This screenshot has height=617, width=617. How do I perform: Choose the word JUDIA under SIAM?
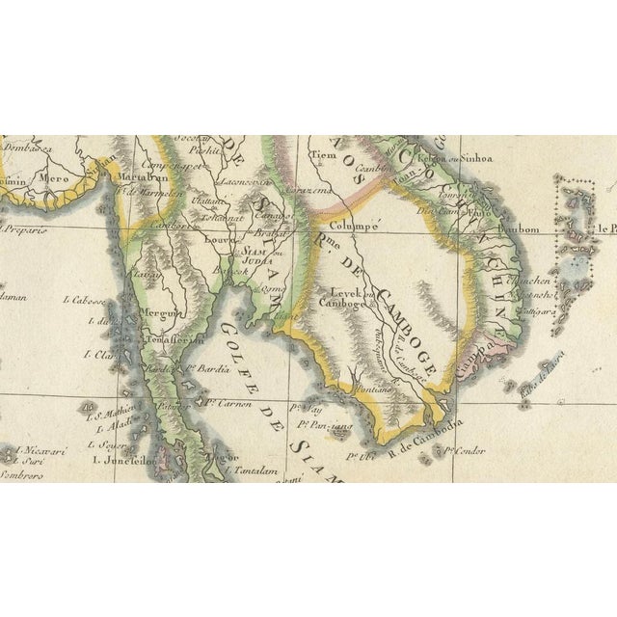coord(255,258)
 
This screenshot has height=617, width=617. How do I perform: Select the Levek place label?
coord(344,292)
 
